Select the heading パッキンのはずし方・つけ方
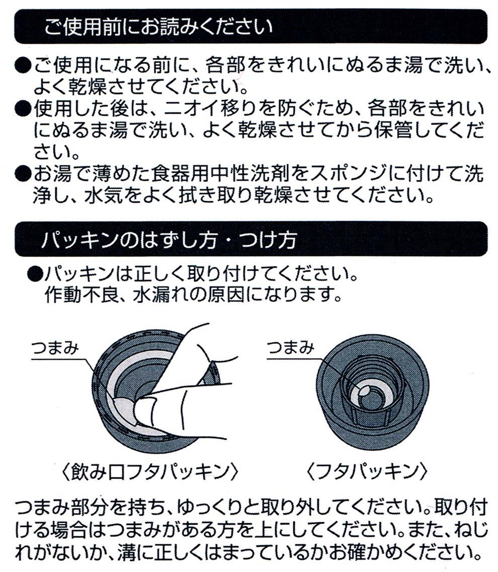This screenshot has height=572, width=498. [169, 239]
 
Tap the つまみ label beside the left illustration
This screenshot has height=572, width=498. [55, 347]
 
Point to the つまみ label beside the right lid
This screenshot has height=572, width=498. [291, 347]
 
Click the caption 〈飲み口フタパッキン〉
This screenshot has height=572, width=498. [150, 472]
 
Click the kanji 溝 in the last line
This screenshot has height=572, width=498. [127, 552]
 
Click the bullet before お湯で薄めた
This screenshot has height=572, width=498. [23, 174]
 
